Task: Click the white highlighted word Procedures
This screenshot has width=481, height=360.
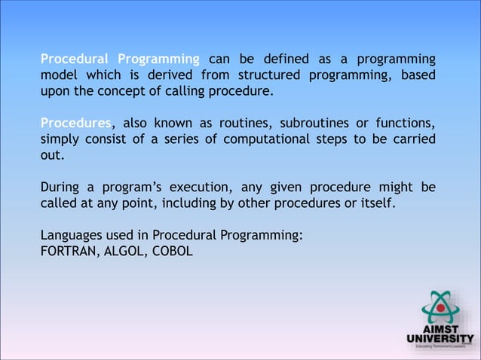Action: pos(75,124)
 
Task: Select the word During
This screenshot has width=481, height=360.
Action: pos(60,187)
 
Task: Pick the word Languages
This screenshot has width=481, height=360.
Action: pos(70,235)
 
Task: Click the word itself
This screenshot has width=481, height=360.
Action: pos(374,203)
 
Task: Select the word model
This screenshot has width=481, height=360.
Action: pos(58,75)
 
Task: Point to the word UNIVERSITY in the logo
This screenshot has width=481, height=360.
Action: pos(440,339)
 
